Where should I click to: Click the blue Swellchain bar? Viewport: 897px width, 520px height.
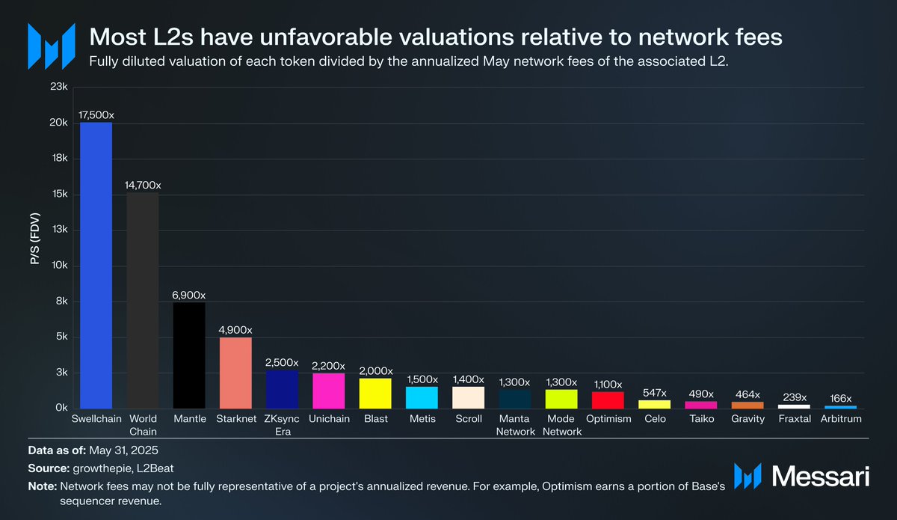96,265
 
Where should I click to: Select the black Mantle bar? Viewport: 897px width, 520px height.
189,355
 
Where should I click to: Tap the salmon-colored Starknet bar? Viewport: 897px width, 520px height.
235,373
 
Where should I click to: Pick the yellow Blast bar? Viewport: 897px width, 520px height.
375,393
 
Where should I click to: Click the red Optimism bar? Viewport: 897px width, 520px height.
608,400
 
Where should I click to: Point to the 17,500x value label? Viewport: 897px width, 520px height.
96,115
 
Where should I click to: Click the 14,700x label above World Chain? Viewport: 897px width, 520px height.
142,185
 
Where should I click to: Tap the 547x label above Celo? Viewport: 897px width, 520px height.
654,393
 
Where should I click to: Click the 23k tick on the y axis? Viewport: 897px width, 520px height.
58,88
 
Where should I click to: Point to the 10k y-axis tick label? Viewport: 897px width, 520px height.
58,266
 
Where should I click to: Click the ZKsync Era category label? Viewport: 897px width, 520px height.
283,425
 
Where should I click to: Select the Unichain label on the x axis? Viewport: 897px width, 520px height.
329,419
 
